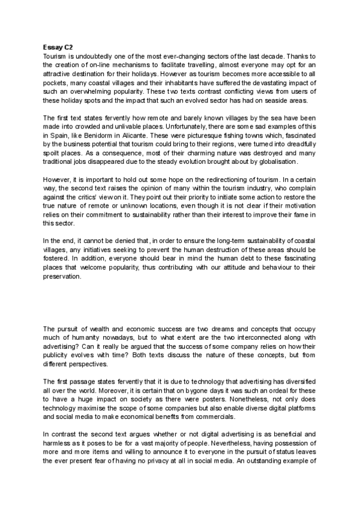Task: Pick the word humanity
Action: (x=80, y=338)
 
